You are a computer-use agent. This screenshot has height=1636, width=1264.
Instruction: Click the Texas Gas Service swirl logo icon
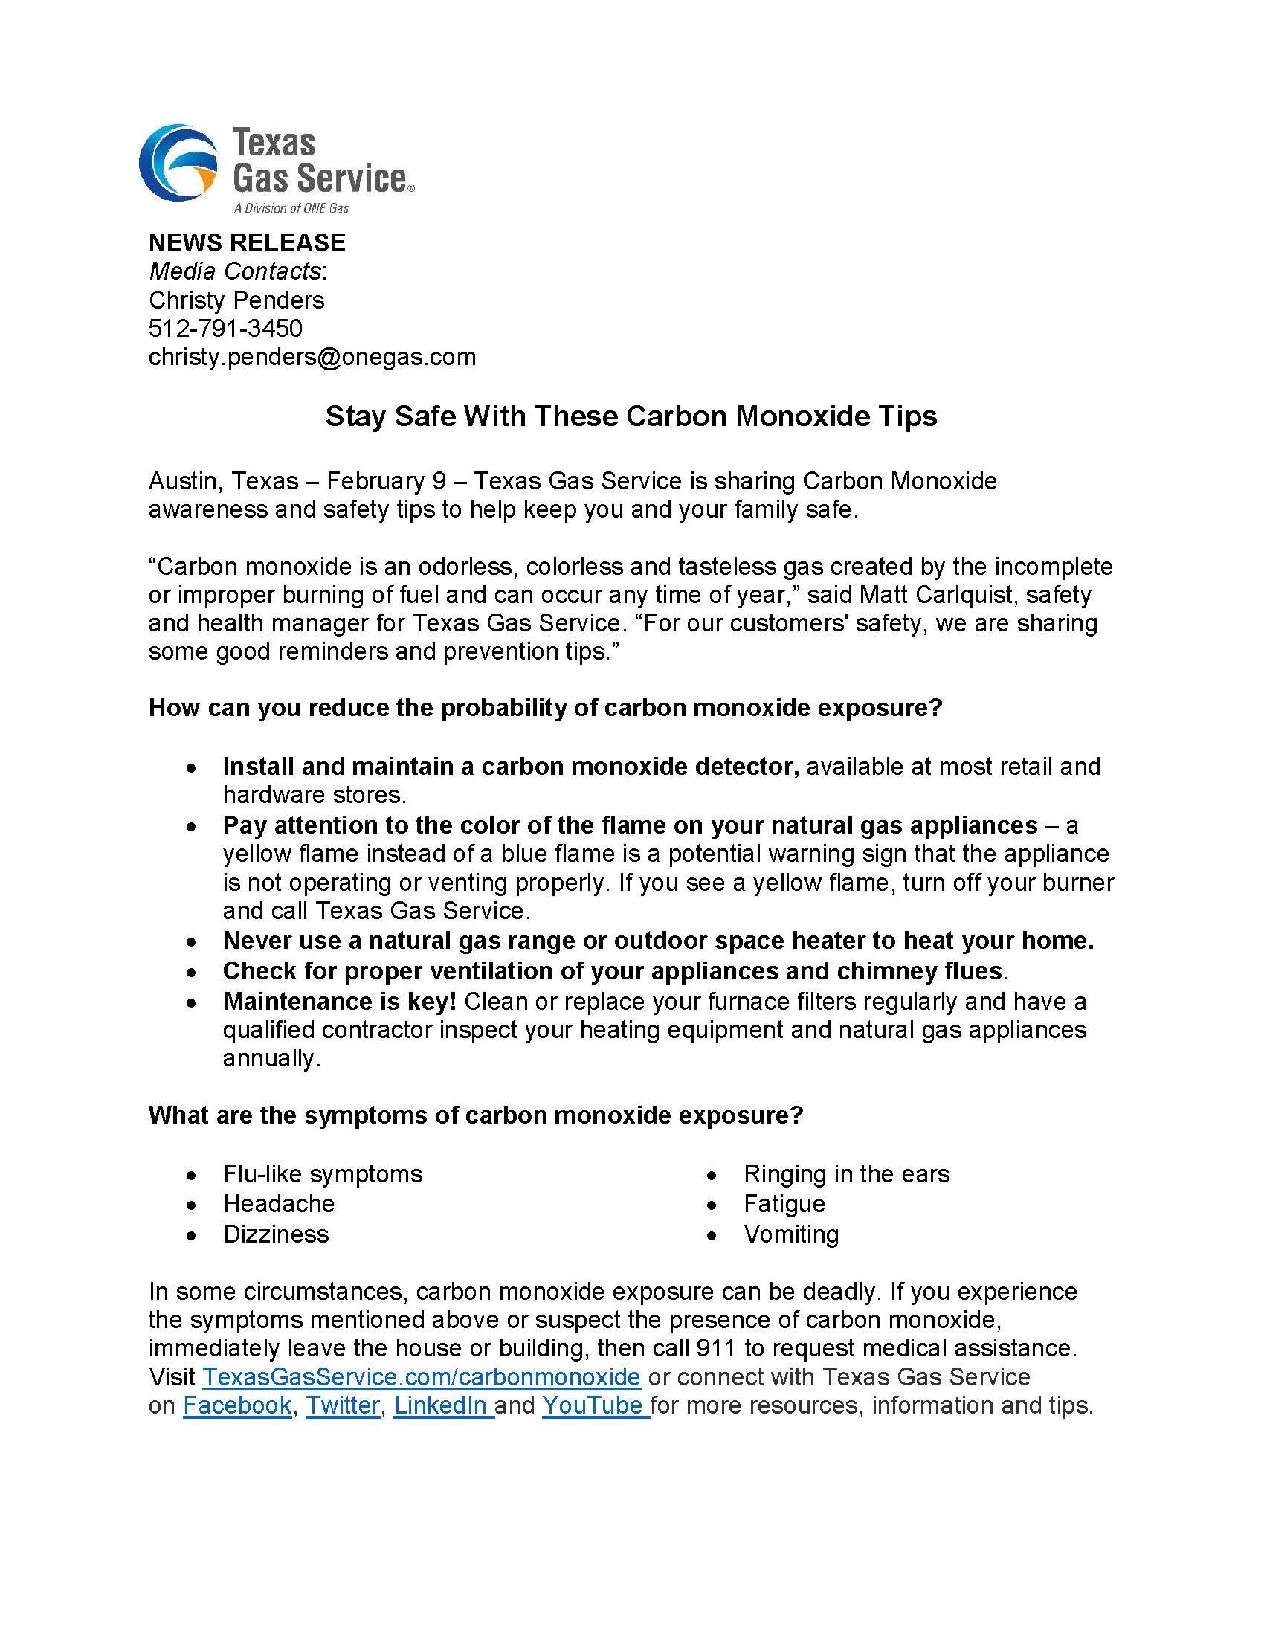178,164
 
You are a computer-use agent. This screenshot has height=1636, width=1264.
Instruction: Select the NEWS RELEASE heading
247,242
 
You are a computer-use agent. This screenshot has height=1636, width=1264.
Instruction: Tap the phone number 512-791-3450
225,328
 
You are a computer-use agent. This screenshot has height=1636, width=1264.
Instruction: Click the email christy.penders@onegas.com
312,356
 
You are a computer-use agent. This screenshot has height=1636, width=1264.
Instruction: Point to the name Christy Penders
236,300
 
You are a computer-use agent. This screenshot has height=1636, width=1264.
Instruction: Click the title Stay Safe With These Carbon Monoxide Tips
631,416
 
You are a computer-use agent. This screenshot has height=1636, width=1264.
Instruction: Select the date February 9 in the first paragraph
386,480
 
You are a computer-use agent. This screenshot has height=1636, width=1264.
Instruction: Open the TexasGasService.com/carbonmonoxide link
422,1376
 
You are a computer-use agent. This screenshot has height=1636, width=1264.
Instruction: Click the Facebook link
237,1405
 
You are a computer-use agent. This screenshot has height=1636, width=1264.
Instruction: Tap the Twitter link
343,1405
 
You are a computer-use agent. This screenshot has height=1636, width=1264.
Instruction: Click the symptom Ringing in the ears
846,1173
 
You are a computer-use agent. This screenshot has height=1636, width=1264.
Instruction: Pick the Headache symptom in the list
279,1204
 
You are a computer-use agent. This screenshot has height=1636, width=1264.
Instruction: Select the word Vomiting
791,1234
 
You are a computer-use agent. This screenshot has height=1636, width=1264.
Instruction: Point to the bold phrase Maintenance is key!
340,1002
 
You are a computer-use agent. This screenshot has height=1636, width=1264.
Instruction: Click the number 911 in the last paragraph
716,1348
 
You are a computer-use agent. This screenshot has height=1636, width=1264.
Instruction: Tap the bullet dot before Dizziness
193,1235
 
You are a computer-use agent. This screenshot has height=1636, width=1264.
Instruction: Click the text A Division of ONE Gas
291,208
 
